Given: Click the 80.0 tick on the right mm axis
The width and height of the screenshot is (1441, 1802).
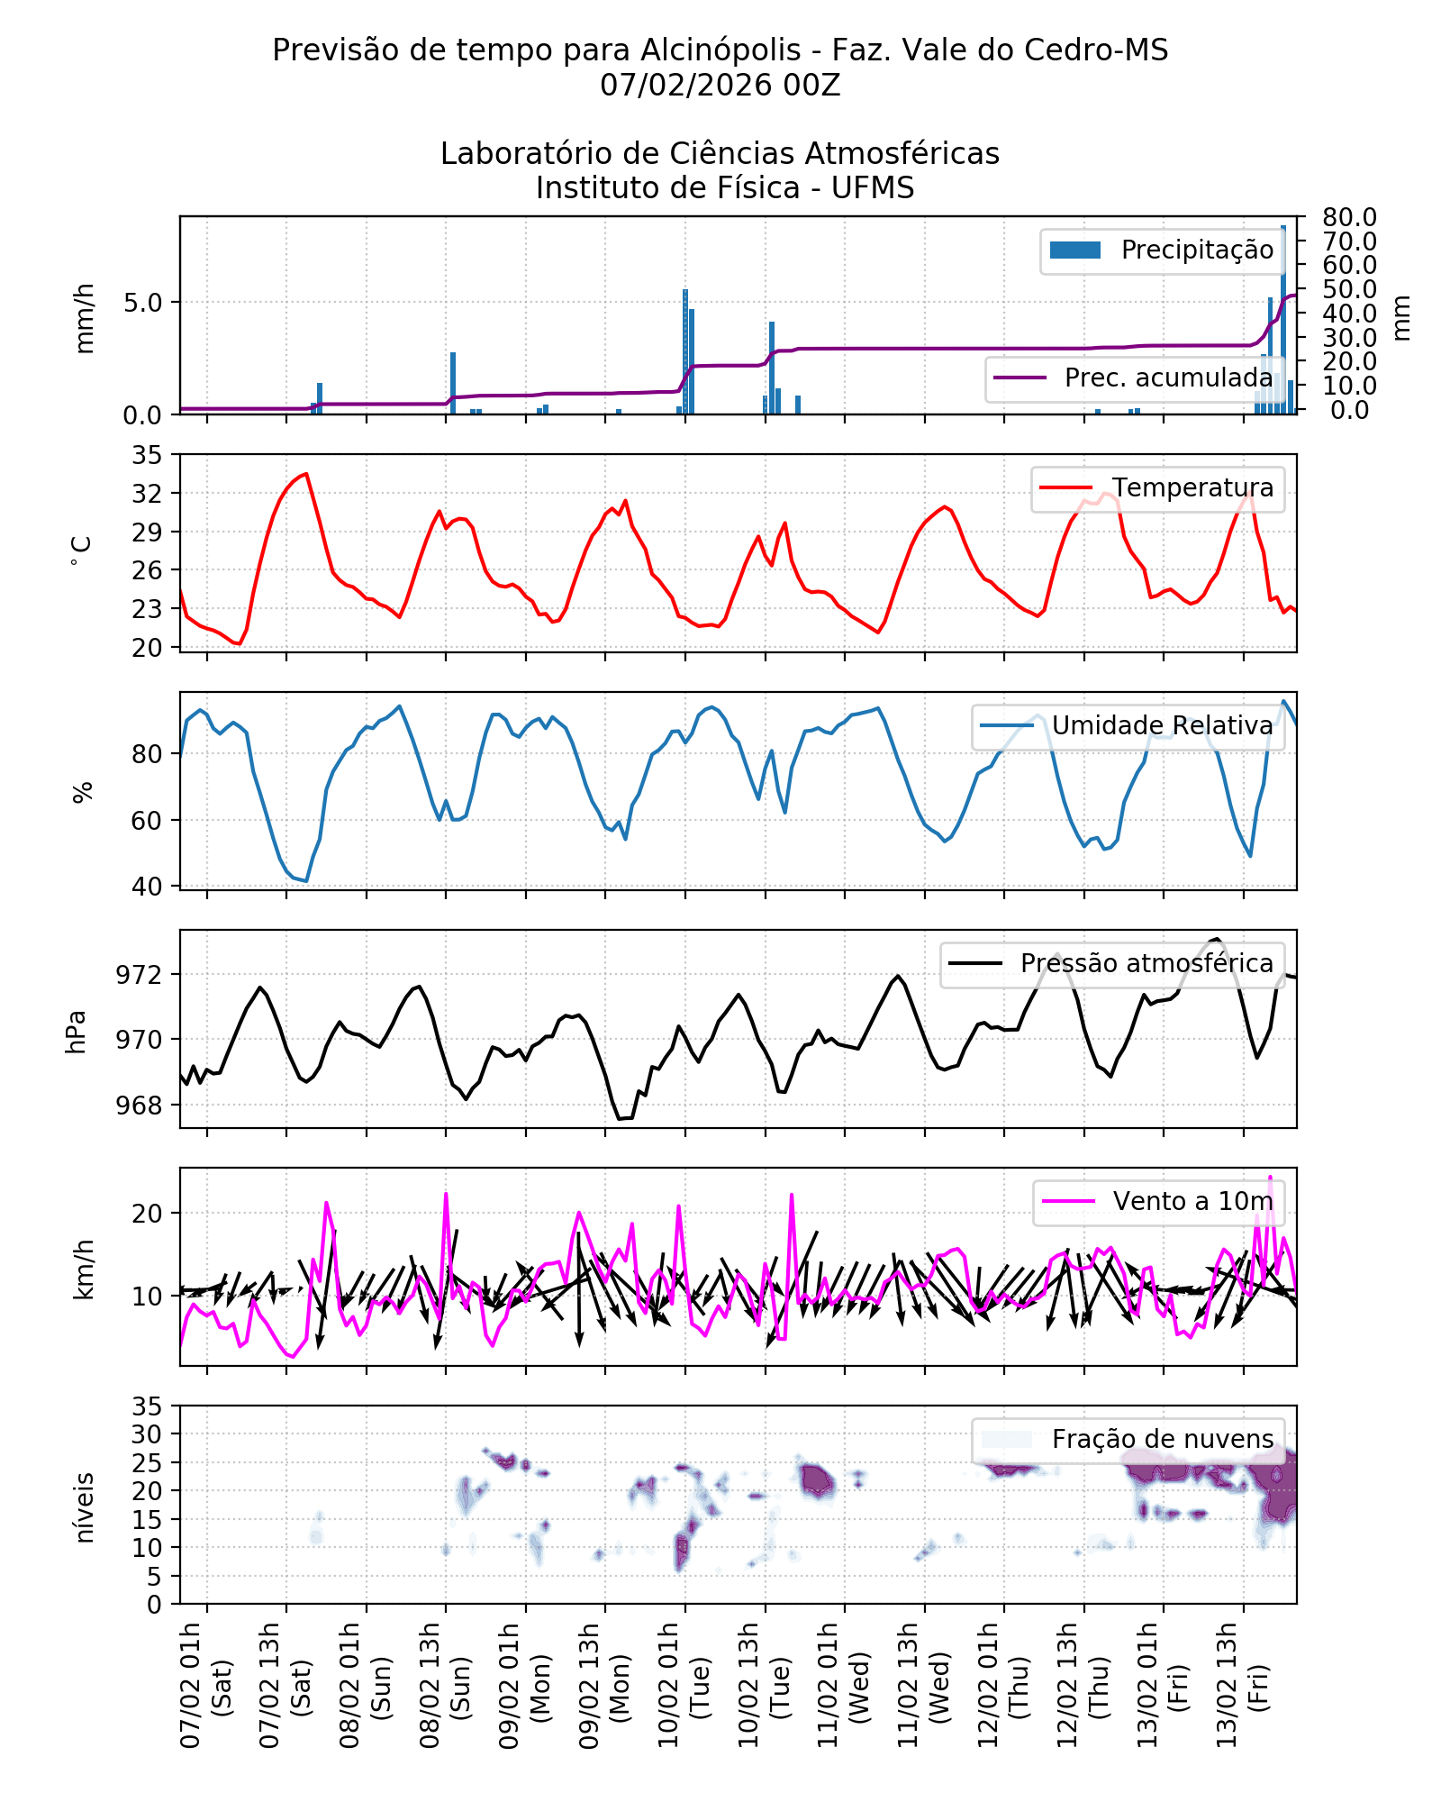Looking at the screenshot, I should coord(1349,217).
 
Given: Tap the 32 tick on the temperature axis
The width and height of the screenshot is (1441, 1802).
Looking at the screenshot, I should coord(147,494).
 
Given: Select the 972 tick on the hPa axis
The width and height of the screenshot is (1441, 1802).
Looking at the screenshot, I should coord(140,975).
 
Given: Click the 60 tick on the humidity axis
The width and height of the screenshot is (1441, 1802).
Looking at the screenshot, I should coord(147,821).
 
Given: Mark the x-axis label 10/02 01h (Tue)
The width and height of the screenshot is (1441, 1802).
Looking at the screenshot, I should coord(683,1685).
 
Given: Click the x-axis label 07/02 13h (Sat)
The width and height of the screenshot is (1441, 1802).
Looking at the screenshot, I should coord(285,1685).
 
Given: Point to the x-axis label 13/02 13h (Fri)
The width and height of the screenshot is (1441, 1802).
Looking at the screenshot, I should coord(1241,1685).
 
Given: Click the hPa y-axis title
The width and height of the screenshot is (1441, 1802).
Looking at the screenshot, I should coord(77,1032).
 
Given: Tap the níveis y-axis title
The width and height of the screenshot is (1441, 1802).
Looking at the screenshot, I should coord(84,1507).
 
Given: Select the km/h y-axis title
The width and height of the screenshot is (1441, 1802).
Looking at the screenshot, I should coord(84,1270).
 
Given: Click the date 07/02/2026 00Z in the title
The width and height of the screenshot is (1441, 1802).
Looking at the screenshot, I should coord(720,86).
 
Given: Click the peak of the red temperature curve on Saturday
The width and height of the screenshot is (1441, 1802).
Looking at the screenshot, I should coord(306,474).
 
